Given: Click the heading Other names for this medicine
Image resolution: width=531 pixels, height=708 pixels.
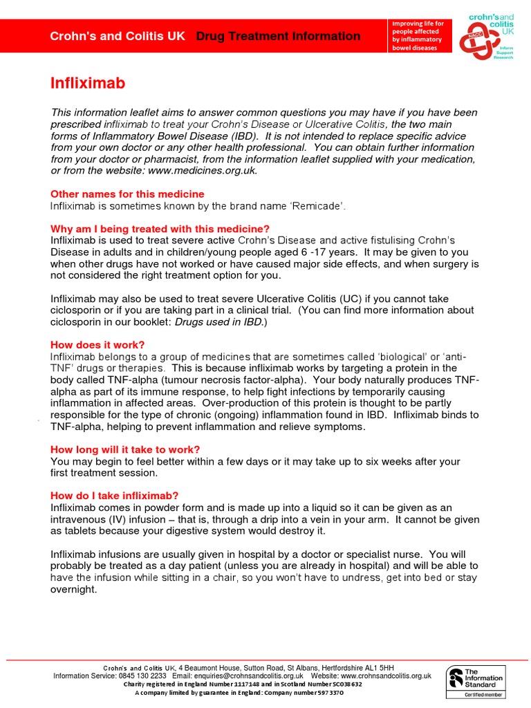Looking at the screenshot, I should point(127,194).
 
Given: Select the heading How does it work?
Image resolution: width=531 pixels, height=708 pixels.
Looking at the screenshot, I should point(97,344).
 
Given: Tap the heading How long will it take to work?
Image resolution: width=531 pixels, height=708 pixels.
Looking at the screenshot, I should point(125,449).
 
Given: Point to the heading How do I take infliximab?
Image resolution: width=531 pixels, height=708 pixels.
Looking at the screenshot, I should point(115,496).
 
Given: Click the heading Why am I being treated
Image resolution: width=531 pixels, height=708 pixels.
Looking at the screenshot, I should point(160,229).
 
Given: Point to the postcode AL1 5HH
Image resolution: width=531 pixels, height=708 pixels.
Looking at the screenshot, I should point(379,667).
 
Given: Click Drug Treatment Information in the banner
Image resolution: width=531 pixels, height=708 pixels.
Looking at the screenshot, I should point(278,36).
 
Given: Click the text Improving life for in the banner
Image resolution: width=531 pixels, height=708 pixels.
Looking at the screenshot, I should point(418,24).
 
